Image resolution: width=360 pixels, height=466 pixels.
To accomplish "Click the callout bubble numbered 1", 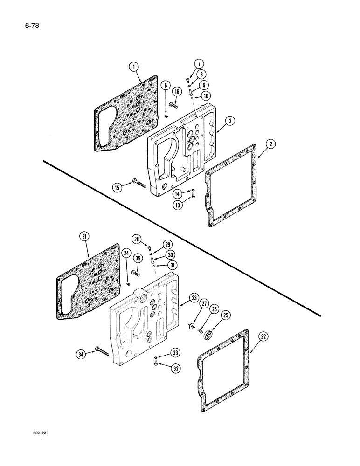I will [134, 67].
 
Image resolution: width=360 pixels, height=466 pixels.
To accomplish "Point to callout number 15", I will [117, 187].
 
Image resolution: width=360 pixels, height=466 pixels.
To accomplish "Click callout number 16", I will [177, 91].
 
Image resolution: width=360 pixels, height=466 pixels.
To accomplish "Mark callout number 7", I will [198, 63].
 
